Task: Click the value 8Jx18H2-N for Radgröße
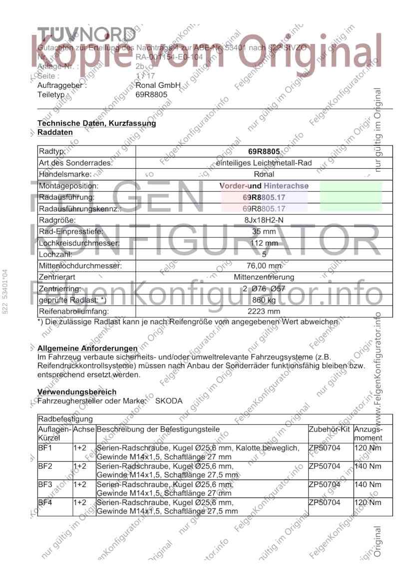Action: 264,220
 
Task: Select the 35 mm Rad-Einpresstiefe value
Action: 264,232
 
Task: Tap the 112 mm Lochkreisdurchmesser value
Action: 264,243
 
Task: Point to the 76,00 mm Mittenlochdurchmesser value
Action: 264,266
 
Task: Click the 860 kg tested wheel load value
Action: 264,300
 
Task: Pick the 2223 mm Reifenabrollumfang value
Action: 264,311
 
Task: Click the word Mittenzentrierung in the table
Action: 264,277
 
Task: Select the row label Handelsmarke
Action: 65,174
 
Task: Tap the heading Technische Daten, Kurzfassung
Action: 96,123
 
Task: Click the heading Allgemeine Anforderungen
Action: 87,348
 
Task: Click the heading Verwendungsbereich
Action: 76,392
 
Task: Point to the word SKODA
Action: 169,401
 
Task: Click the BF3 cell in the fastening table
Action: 44,484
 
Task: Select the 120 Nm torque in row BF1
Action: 367,448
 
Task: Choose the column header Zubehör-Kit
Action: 329,429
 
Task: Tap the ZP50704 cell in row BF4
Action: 324,502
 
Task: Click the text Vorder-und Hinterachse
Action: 264,186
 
